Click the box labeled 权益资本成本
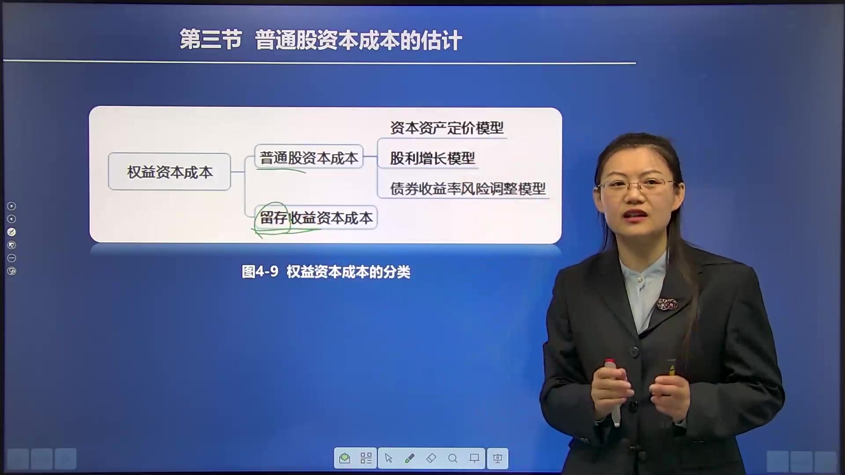pos(169,172)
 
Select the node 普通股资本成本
pos(309,157)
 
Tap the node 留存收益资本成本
pos(316,218)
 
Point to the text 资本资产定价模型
pos(447,128)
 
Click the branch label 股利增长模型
pos(432,158)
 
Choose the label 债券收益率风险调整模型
pos(467,189)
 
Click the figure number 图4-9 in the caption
pos(260,272)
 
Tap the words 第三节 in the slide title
pos(211,40)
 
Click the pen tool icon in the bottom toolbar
pos(409,459)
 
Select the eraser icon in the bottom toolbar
pos(431,459)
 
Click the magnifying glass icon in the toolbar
pos(452,459)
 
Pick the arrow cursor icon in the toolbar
pos(388,459)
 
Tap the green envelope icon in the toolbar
pos(345,459)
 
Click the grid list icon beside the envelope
pos(366,459)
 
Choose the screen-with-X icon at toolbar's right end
pos(497,459)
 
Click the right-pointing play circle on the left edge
pos(12,206)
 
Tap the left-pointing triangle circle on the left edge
pos(12,219)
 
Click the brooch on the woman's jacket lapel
pos(666,304)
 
